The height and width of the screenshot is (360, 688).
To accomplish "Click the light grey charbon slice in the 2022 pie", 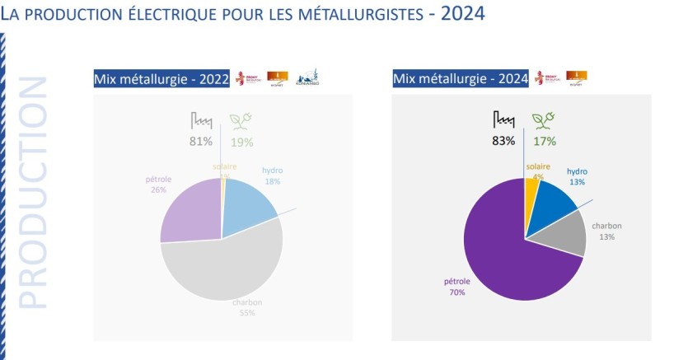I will point(227,272).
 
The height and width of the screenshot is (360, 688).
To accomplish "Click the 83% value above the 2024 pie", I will point(503,141).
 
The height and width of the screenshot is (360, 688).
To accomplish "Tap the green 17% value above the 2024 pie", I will point(545,141).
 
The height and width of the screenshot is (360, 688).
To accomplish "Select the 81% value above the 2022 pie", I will point(201,141).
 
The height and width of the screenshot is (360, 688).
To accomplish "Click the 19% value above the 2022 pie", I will point(242,141).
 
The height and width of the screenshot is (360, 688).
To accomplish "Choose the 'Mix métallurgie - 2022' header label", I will point(161,79).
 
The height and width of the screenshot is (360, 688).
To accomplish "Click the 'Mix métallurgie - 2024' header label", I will point(461,79).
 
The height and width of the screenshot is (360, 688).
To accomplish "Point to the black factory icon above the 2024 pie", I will point(503,119).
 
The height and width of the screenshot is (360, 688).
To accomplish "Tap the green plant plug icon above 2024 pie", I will point(544,120).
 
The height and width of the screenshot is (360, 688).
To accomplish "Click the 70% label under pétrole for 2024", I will point(456,292).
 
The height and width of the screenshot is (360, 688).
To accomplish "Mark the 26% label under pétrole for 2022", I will point(158,189).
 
